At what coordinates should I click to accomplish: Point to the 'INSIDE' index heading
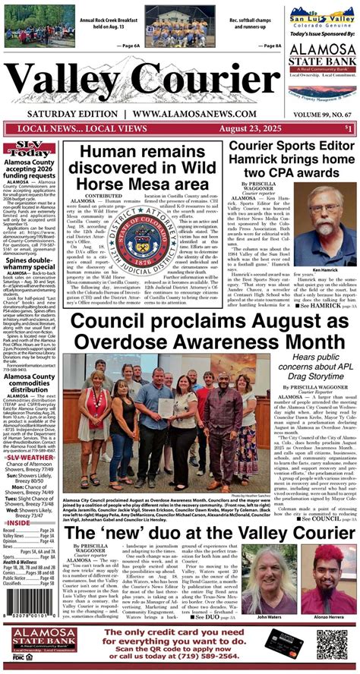click(x=19, y=522)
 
